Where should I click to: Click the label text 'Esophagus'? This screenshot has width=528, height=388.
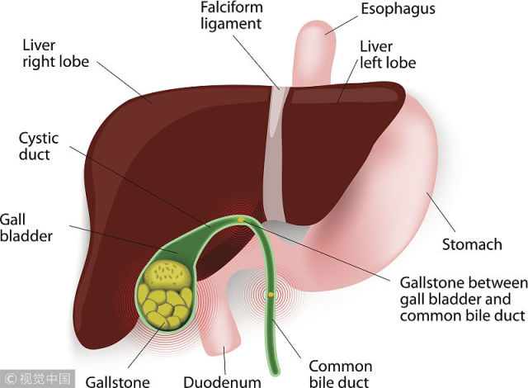(398, 9)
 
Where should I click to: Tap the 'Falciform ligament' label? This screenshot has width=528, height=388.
(232, 16)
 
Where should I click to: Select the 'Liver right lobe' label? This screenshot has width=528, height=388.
(56, 54)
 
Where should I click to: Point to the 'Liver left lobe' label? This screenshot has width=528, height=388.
(388, 55)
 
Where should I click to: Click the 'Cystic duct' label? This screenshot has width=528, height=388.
(39, 146)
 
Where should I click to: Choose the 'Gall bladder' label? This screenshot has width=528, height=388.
(26, 228)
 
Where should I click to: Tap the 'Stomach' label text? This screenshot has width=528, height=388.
(472, 244)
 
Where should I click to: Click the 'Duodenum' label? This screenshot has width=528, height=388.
(222, 382)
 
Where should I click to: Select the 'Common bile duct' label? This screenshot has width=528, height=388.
(341, 374)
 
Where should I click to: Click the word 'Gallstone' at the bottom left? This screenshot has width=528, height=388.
(117, 382)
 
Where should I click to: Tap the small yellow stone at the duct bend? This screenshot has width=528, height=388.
(242, 220)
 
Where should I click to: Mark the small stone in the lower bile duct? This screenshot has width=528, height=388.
(271, 295)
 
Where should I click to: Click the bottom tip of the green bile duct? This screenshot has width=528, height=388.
(276, 374)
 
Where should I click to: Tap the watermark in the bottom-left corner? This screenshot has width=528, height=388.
(37, 379)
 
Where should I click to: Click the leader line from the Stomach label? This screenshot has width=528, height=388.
(441, 212)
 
